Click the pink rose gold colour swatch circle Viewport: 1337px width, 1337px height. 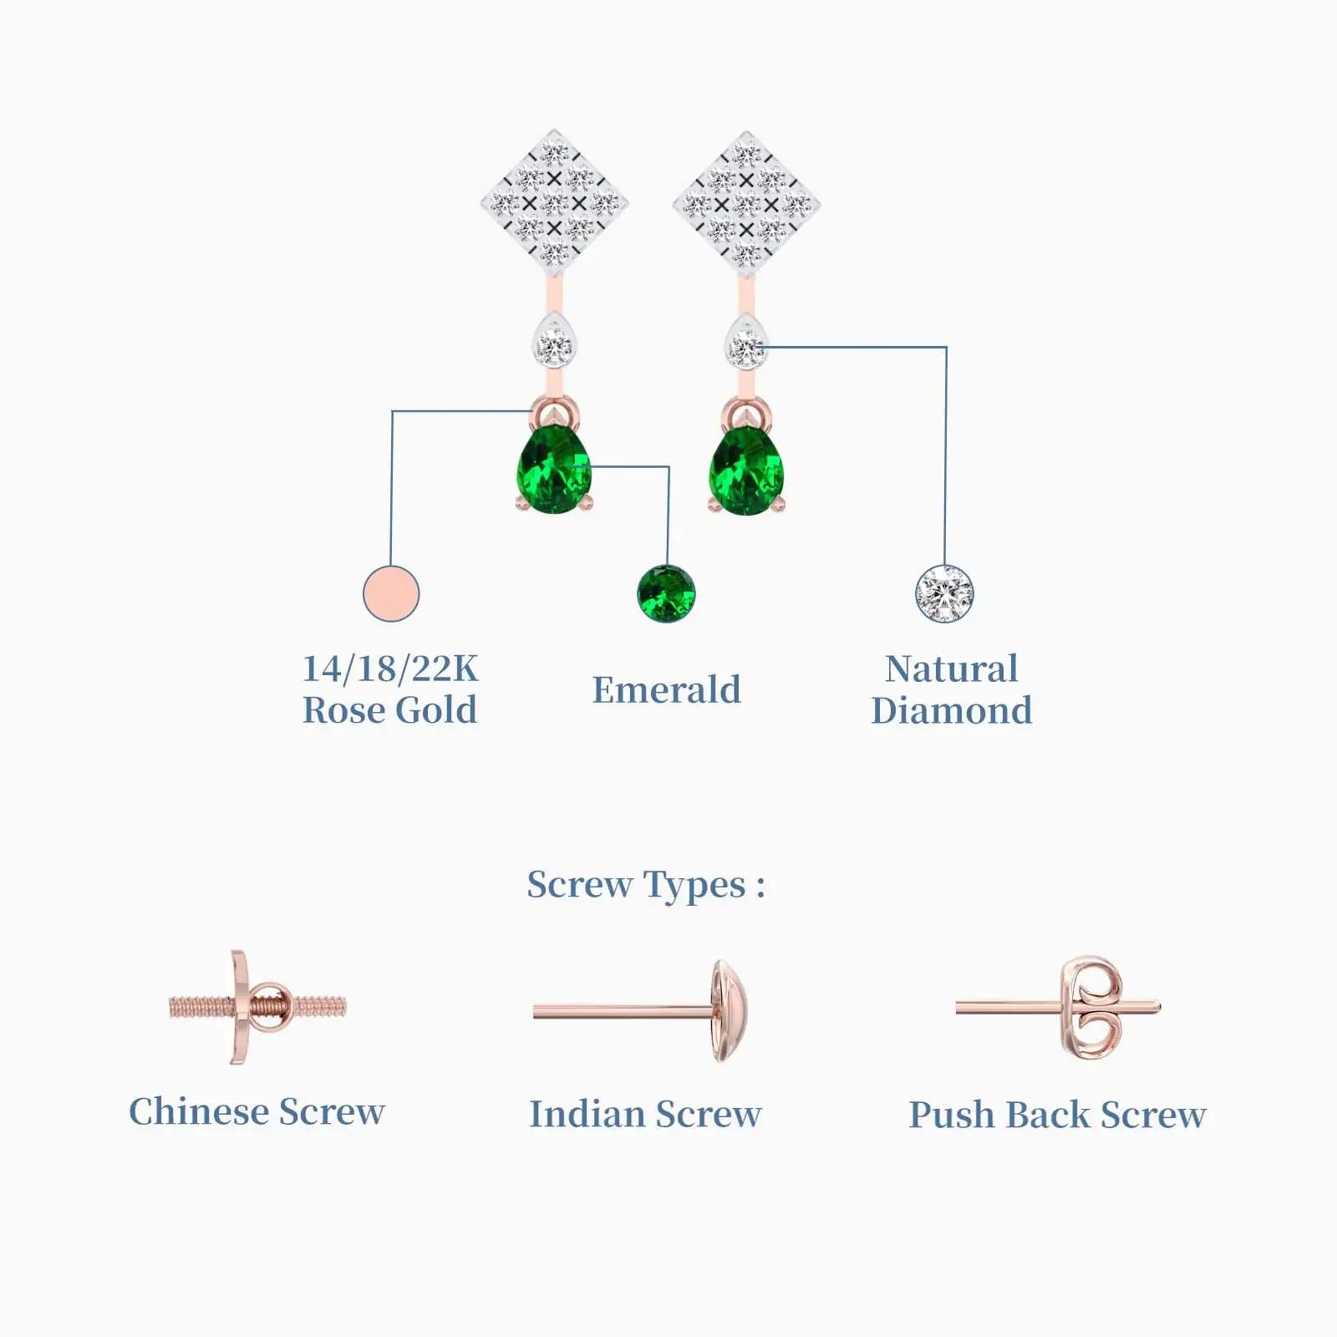[x=391, y=593]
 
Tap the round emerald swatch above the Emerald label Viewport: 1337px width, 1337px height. [x=666, y=594]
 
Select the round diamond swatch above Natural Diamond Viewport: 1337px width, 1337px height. [x=944, y=594]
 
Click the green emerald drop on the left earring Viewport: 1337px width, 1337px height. [x=554, y=470]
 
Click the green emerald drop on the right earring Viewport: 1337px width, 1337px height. [x=746, y=470]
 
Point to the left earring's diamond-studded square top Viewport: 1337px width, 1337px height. [x=554, y=202]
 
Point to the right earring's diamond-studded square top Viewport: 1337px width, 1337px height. [x=746, y=202]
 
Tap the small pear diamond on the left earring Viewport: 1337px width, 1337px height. [x=553, y=342]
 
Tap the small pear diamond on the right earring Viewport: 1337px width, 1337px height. [x=745, y=343]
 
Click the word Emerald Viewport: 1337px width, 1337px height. [x=666, y=690]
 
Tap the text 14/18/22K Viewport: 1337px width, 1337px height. [x=389, y=668]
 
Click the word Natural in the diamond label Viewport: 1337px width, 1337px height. [x=951, y=668]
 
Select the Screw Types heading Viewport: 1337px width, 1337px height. [x=645, y=885]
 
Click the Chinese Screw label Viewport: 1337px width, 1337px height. [x=257, y=1111]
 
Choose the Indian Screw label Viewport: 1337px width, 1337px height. [x=645, y=1114]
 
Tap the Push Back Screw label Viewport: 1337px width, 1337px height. [x=1057, y=1115]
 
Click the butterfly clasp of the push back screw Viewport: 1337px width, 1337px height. [x=1090, y=1009]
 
